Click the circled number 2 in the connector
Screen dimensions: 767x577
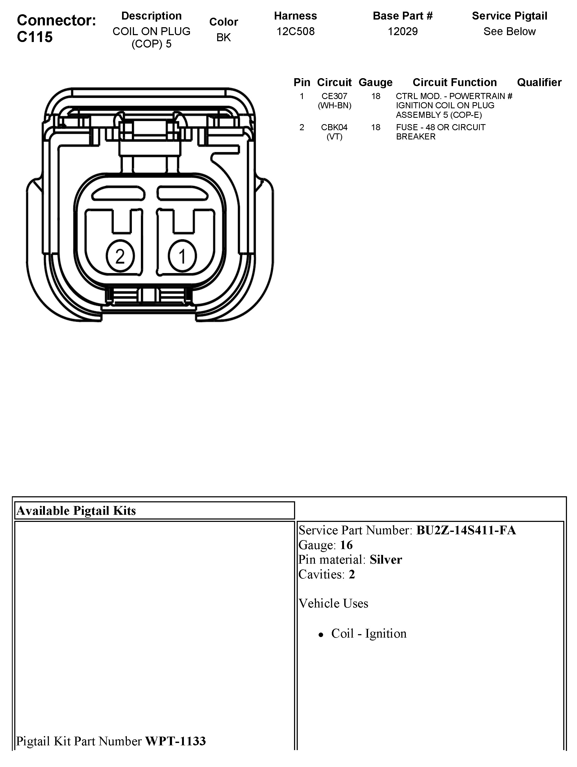point(120,257)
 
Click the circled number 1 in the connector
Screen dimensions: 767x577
point(182,257)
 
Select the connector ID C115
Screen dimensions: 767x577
point(35,37)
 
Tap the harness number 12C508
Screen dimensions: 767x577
point(295,31)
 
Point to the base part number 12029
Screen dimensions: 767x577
point(403,31)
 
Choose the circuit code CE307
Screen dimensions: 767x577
point(334,96)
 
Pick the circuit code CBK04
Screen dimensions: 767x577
point(334,127)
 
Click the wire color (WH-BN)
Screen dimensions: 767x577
point(334,105)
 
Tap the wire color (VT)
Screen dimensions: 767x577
point(334,137)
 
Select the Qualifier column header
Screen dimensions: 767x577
point(539,82)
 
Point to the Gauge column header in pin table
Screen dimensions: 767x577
point(375,82)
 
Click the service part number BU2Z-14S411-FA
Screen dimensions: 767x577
point(466,530)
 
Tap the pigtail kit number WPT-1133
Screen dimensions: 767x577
point(175,741)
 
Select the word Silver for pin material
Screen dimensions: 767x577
point(386,560)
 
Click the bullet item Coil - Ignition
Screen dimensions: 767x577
point(369,634)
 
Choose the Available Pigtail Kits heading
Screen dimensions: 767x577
point(76,510)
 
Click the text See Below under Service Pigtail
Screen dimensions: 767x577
point(509,31)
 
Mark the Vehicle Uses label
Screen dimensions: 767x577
point(333,603)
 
